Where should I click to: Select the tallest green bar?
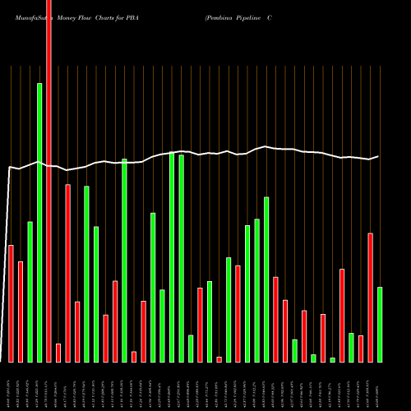pyautogui.click(x=39, y=222)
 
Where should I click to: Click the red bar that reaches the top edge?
pyautogui.click(x=48, y=181)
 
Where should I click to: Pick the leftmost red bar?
pyautogui.click(x=11, y=303)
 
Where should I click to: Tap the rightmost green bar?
pyautogui.click(x=380, y=324)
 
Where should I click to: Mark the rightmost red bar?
pyautogui.click(x=371, y=298)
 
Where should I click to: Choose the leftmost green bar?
pyautogui.click(x=30, y=292)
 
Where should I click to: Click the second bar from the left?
pyautogui.click(x=21, y=312)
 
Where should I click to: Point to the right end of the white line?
pyautogui.click(x=378, y=156)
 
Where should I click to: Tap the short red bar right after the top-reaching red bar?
pyautogui.click(x=58, y=353)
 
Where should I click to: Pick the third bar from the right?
pyautogui.click(x=361, y=349)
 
